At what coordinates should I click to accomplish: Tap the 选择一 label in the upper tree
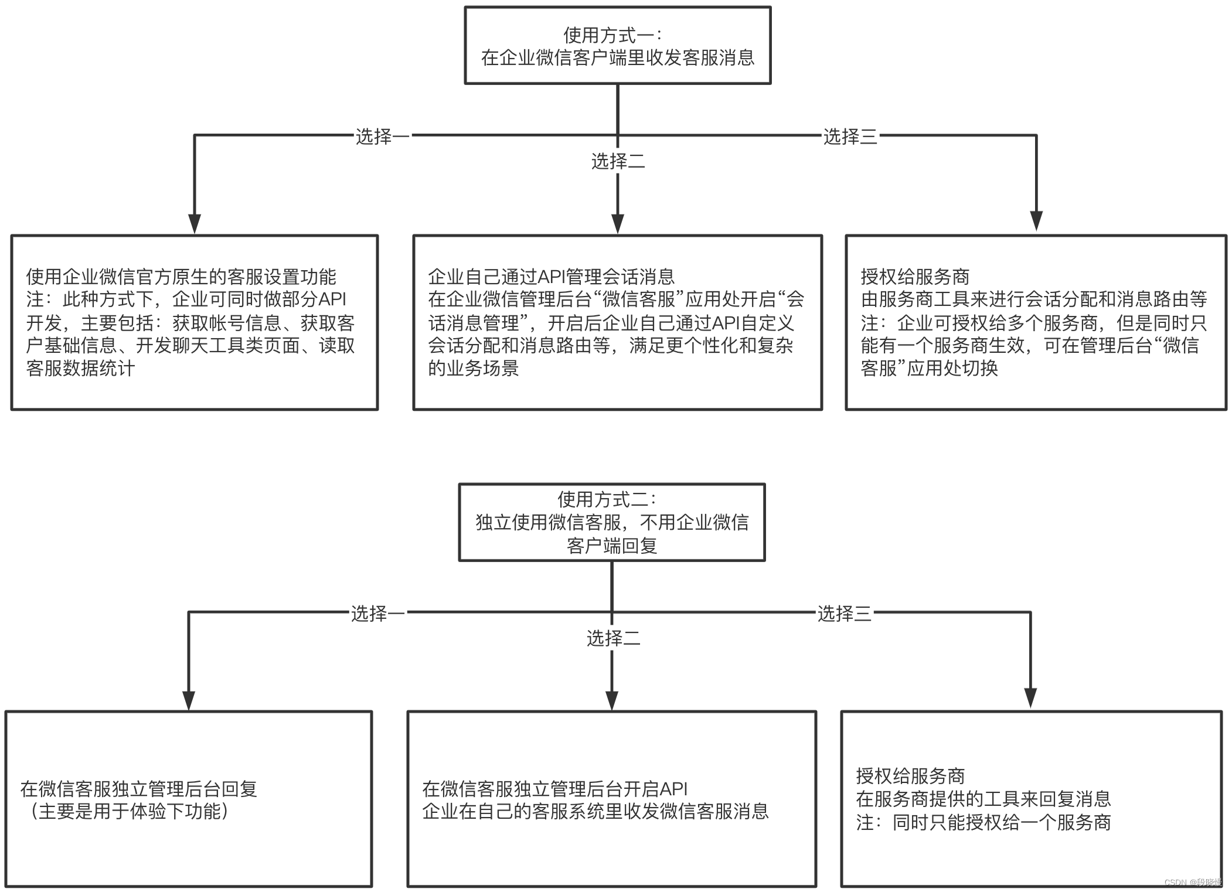382,137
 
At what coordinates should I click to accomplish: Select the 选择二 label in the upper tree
618,161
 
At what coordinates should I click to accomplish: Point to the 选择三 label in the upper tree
850,137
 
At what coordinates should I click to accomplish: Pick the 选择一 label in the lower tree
377,614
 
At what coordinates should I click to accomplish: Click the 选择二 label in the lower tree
613,638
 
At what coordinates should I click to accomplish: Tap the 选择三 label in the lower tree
844,614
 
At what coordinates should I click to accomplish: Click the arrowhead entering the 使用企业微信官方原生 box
195,223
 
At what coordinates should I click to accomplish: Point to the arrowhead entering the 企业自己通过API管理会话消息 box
618,223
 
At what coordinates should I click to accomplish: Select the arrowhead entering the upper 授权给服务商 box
1036,221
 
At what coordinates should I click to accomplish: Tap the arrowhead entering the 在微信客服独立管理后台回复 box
189,700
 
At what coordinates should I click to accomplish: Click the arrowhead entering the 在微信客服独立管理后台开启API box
612,700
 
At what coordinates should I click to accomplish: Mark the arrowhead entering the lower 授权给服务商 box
1030,698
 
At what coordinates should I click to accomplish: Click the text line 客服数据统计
80,368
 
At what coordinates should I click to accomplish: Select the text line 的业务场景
473,368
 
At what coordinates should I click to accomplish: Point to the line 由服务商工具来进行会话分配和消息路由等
1034,299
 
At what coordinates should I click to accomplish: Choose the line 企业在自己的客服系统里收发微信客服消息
595,812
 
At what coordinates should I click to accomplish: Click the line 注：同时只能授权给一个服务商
983,823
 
